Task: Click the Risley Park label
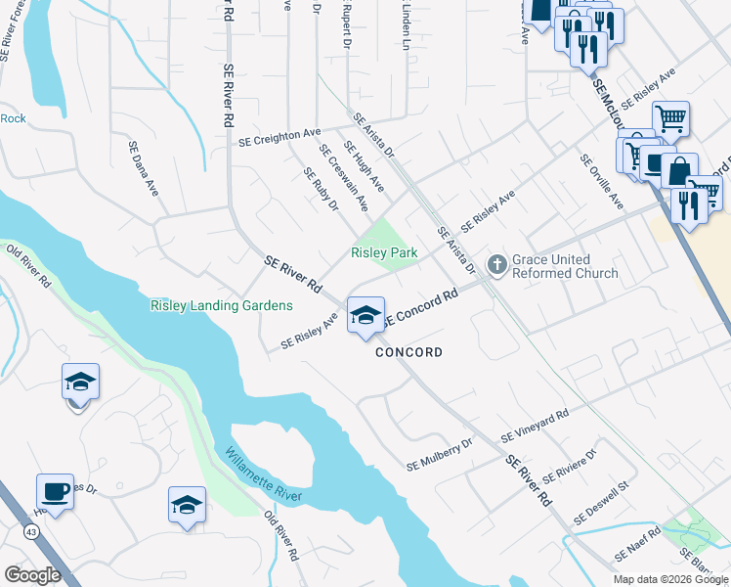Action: pyautogui.click(x=384, y=253)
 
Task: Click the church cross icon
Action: pyautogui.click(x=496, y=264)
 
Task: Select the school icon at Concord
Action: pyautogui.click(x=365, y=315)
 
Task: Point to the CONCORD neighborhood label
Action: pyautogui.click(x=409, y=352)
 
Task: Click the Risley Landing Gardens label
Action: pyautogui.click(x=221, y=306)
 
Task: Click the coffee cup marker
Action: pyautogui.click(x=55, y=492)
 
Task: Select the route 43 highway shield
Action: pyautogui.click(x=32, y=531)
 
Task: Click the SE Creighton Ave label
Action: pyautogui.click(x=279, y=138)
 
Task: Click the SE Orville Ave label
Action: pyautogui.click(x=601, y=181)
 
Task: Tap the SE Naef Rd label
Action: pyautogui.click(x=637, y=543)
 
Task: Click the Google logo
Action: pyautogui.click(x=32, y=575)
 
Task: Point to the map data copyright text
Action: pyautogui.click(x=670, y=579)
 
